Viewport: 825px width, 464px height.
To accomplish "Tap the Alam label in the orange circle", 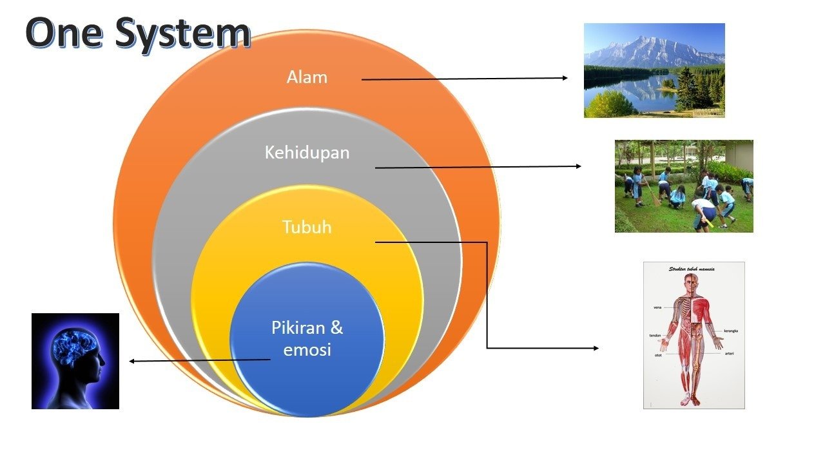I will [307, 77].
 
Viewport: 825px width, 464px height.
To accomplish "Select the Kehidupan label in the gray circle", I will [307, 153].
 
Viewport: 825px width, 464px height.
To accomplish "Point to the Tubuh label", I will [307, 227].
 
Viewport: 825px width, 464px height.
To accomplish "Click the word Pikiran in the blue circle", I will [307, 327].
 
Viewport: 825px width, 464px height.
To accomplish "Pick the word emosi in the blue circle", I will [307, 350].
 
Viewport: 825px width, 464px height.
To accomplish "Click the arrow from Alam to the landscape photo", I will [464, 79].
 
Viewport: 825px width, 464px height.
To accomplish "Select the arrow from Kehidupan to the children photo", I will [477, 167].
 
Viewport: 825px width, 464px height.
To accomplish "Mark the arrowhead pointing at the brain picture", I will [133, 361].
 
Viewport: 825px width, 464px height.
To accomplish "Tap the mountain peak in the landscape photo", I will [645, 40].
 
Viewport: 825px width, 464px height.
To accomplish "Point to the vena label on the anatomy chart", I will [657, 307].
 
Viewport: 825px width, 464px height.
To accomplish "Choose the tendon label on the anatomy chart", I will [657, 336].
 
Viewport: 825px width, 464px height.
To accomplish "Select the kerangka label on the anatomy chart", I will [731, 331].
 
